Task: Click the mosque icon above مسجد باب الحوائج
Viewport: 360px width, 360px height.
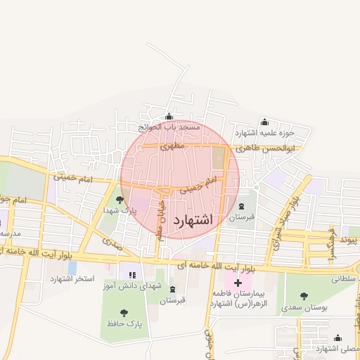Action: pyautogui.click(x=168, y=117)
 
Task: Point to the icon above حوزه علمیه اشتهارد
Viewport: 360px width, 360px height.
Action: pyautogui.click(x=264, y=122)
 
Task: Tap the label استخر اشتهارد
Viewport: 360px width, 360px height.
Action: pyautogui.click(x=72, y=279)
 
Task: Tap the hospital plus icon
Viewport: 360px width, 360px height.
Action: pyautogui.click(x=238, y=283)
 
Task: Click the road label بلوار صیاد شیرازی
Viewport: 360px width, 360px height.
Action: pyautogui.click(x=282, y=219)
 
